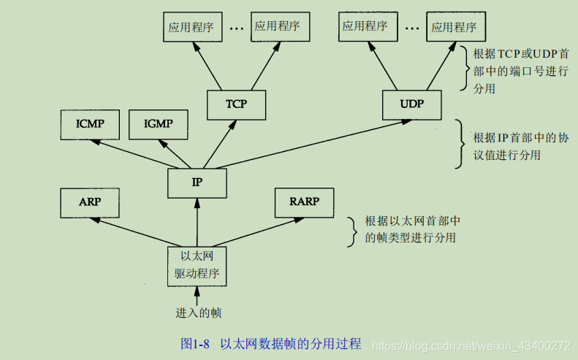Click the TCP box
point(236,104)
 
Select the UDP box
point(411,104)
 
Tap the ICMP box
point(90,123)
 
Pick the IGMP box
point(158,123)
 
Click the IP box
point(197,183)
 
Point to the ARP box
point(90,202)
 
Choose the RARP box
point(303,202)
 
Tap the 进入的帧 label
point(198,313)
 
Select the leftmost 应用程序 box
point(191,26)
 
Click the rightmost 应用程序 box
point(454,27)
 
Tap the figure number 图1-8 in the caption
point(196,343)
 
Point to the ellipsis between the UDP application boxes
point(411,28)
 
